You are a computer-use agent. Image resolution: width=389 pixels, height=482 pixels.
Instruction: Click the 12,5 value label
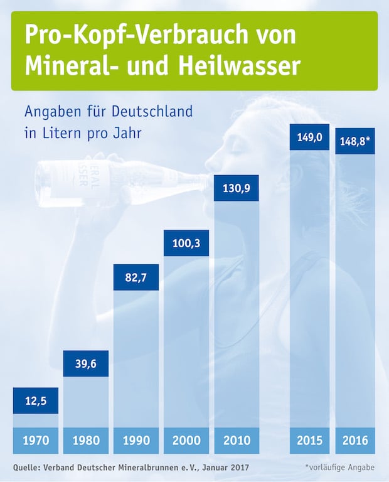click(x=36, y=400)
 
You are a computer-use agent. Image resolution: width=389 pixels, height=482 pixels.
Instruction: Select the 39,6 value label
click(x=86, y=364)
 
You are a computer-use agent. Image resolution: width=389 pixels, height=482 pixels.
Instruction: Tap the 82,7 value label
click(x=136, y=277)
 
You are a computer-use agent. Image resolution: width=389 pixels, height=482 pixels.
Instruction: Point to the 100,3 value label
click(x=186, y=243)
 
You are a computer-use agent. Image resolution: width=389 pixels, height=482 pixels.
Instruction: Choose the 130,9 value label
click(x=237, y=188)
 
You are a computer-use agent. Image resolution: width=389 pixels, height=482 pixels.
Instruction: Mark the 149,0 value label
click(x=309, y=137)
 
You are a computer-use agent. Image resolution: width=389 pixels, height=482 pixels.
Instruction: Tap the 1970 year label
click(x=36, y=441)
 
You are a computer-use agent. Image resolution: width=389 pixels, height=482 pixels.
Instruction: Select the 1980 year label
click(x=86, y=441)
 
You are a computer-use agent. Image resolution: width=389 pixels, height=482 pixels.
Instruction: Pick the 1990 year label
click(x=136, y=441)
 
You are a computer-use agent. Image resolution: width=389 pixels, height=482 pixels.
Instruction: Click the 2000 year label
click(x=186, y=441)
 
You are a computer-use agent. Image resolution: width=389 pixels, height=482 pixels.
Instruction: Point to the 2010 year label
click(x=237, y=441)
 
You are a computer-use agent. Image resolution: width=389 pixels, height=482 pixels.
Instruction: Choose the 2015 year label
click(x=309, y=441)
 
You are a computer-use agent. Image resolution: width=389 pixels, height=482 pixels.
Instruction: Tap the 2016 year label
click(x=355, y=441)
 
